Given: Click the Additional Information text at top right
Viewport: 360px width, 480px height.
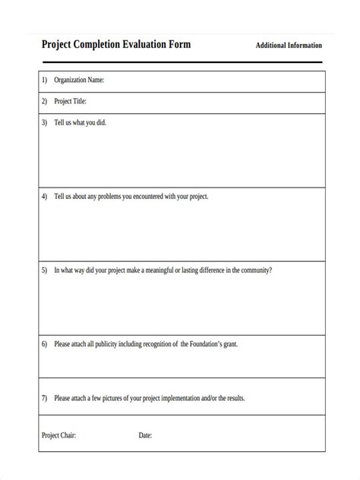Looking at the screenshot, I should click(x=289, y=46).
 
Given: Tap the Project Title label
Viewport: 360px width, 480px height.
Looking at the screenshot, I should click(x=70, y=101).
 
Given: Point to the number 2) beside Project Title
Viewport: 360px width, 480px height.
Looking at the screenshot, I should click(x=44, y=101).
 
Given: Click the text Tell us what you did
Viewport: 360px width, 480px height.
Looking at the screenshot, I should click(x=80, y=122).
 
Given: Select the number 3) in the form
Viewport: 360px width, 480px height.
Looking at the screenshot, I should click(x=44, y=122).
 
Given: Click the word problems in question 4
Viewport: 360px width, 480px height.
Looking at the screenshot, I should click(x=115, y=196).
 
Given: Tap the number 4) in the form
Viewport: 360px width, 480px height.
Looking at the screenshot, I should click(x=44, y=196).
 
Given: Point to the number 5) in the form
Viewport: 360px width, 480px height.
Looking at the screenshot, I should click(x=44, y=270).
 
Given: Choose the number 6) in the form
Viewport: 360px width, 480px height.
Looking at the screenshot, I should click(x=44, y=344).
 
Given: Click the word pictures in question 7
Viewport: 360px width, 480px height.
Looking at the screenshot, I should click(x=122, y=398).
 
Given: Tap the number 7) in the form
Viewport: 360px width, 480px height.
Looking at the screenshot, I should click(x=44, y=398).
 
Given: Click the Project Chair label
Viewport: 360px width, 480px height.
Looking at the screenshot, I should click(x=58, y=435).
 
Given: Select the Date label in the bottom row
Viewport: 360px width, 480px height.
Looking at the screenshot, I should click(x=145, y=435).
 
